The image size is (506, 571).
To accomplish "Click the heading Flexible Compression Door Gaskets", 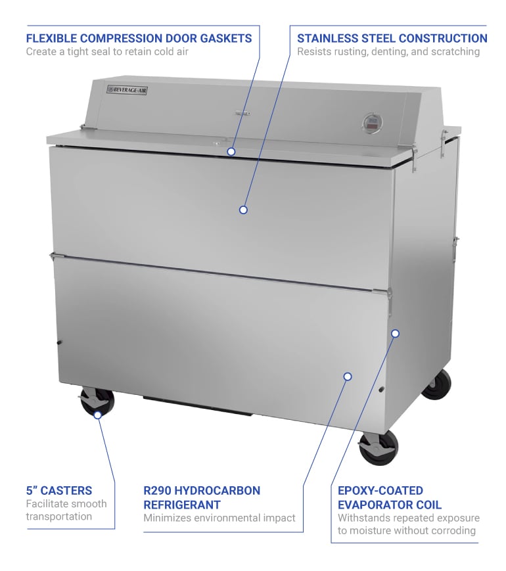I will click(139, 38).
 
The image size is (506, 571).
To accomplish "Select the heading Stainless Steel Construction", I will click(392, 38).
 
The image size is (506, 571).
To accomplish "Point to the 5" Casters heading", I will click(59, 490).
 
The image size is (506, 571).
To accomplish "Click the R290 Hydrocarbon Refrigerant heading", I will click(202, 497).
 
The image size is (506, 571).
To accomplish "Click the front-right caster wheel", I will click(379, 448).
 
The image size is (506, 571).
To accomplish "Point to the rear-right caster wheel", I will click(437, 384).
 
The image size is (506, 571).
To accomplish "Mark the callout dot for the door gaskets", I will click(231, 151).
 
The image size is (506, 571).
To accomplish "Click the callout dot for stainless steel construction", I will click(243, 210).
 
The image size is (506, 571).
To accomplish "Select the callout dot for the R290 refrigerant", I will click(348, 377).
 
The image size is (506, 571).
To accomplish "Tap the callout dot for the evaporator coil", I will click(395, 333).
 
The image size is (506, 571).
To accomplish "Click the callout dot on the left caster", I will click(97, 415).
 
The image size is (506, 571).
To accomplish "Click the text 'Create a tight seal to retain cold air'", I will click(107, 52).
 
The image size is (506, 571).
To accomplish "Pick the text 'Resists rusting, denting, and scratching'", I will click(392, 52).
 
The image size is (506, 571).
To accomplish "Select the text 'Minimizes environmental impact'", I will click(219, 518).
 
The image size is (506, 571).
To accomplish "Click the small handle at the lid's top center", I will click(242, 114).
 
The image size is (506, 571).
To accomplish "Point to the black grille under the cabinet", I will click(197, 405).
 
